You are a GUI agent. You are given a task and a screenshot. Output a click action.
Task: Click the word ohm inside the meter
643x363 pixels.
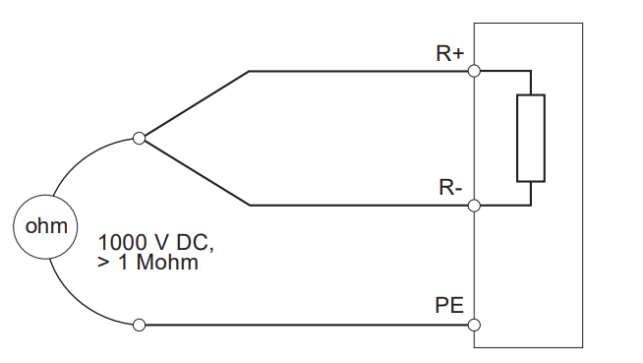(46, 226)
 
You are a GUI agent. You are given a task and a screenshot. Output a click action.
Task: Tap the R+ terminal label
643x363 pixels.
(450, 53)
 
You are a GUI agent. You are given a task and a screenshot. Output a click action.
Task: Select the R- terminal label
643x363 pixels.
(450, 187)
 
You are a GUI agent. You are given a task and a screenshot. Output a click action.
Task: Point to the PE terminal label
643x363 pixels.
(449, 305)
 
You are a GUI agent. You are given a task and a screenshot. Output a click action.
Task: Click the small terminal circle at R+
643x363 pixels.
(474, 71)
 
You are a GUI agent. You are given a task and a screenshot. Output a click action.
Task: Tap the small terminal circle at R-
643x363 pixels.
(474, 206)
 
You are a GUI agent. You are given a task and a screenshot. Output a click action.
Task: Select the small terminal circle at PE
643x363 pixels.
(474, 326)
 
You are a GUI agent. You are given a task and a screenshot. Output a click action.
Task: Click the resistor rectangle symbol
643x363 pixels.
(531, 138)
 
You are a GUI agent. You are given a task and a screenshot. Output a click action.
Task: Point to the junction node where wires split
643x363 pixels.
(139, 139)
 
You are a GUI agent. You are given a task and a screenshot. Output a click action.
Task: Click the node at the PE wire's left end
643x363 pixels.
(139, 326)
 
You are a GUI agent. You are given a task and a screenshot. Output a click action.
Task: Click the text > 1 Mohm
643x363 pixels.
(147, 263)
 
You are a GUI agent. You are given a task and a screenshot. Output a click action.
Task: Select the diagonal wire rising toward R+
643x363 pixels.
(197, 103)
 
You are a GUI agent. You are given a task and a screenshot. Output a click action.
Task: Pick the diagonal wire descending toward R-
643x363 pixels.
(197, 173)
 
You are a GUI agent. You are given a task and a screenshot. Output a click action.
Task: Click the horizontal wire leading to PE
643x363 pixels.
(307, 326)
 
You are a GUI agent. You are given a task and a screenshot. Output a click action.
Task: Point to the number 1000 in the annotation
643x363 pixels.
(123, 242)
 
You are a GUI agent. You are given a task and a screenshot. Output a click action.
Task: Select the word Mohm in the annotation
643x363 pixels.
(167, 263)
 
